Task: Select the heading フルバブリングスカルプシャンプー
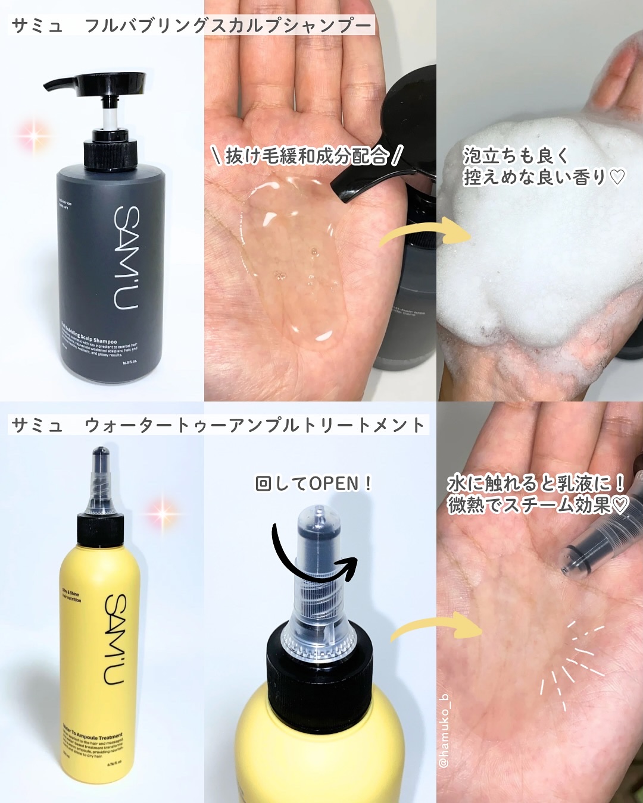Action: (x=229, y=26)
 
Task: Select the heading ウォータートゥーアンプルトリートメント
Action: (x=254, y=425)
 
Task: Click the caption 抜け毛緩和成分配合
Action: (x=307, y=156)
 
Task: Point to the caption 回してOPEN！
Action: (x=313, y=483)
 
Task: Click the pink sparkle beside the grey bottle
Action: (x=33, y=137)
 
